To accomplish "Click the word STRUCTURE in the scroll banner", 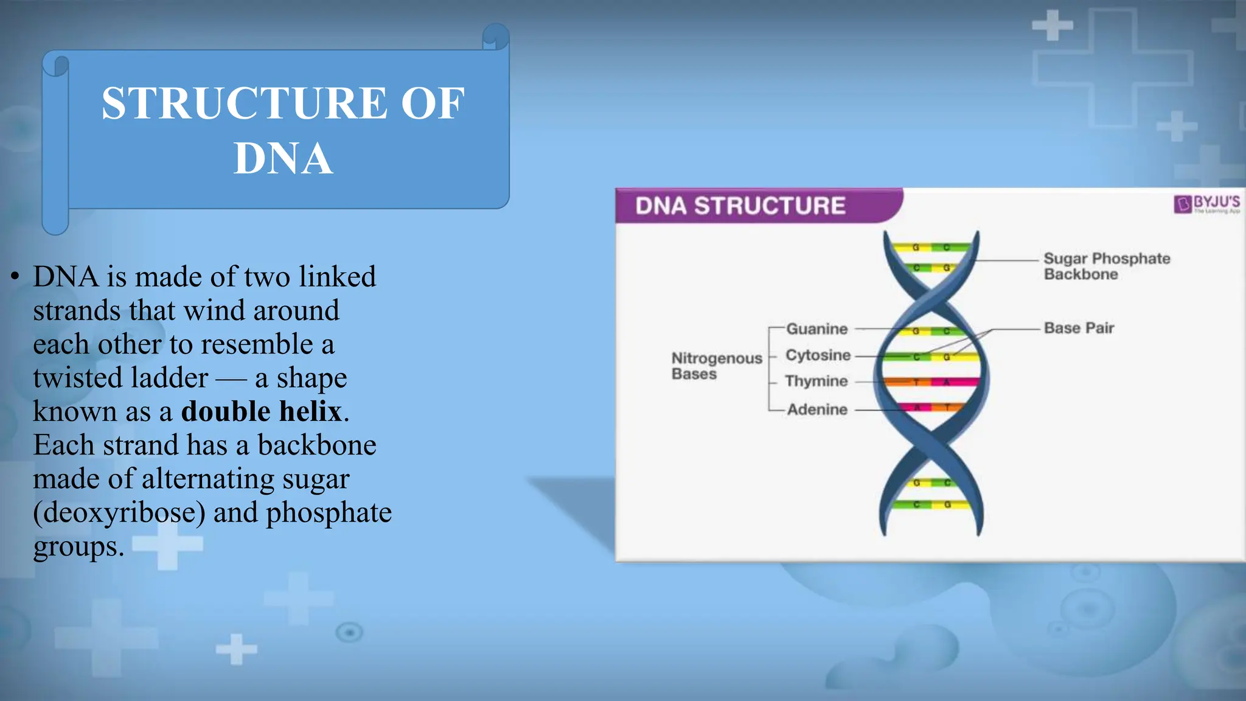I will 244,103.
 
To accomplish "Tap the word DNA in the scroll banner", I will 283,159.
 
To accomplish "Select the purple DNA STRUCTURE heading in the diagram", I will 740,206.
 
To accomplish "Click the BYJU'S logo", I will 1206,203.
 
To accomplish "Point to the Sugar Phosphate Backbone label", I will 1106,266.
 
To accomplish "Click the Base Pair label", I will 1079,328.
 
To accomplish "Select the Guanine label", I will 816,329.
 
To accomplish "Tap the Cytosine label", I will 818,355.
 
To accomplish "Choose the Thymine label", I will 816,381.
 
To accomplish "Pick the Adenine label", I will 817,410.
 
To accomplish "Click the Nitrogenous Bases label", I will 716,366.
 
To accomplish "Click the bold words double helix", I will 262,411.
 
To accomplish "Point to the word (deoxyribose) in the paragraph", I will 119,512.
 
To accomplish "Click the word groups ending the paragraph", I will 78,546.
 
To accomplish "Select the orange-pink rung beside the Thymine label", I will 931,382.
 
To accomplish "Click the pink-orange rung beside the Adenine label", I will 931,407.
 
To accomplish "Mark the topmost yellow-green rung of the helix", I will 931,248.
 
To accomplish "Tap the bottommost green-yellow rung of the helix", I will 931,504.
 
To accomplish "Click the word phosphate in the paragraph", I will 329,512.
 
